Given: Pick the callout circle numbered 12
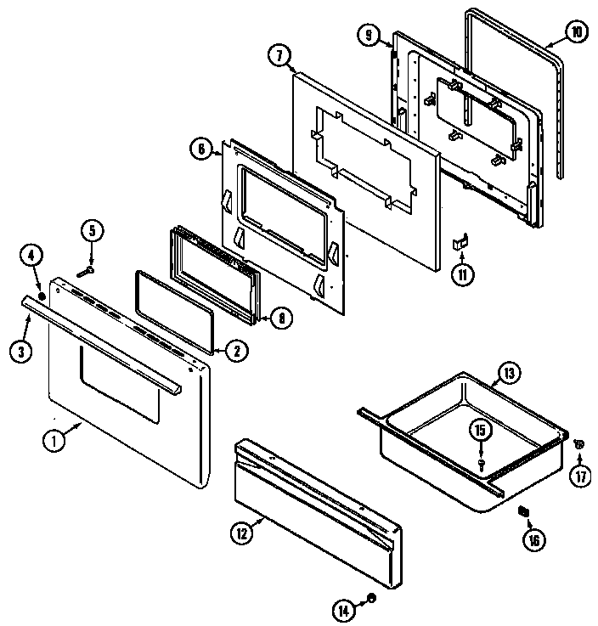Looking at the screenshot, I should [x=242, y=533].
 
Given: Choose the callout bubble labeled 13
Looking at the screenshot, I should [x=507, y=373].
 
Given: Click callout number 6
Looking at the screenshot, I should [x=200, y=149].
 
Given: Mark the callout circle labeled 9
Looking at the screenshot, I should [x=368, y=37].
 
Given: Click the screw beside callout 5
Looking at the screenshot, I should [x=86, y=271].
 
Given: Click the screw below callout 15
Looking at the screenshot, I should [x=481, y=464].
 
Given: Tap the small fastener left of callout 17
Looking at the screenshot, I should [x=577, y=442].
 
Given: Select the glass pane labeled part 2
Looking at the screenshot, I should [x=174, y=310].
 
